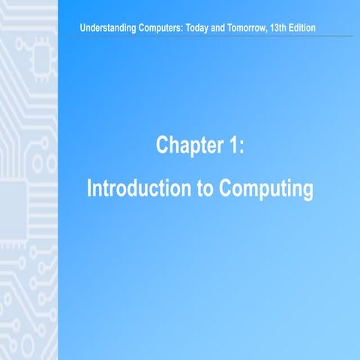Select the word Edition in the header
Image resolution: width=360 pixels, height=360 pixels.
320,28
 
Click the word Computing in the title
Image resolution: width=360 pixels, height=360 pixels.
265,188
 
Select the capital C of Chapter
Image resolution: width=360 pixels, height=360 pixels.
161,145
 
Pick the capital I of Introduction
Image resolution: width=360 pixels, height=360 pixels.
90,188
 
